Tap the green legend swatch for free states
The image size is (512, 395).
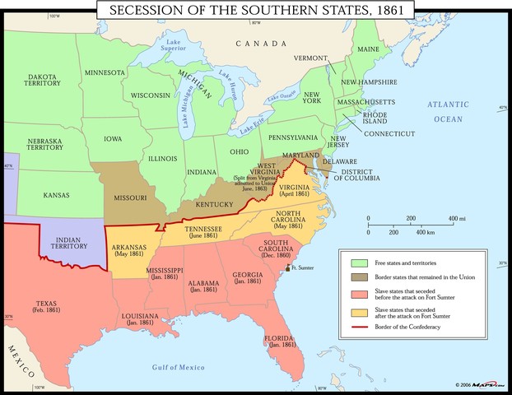pos(358,262)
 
